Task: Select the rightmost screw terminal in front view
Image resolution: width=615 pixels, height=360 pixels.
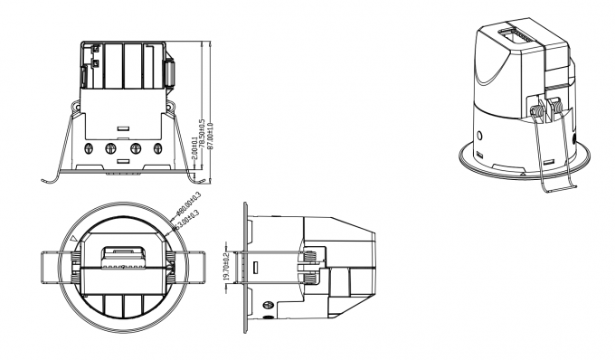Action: (157, 147)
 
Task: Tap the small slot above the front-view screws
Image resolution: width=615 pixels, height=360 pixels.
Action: (123, 126)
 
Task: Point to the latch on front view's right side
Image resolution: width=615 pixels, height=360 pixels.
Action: (169, 76)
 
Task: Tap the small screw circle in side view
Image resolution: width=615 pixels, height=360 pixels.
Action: (268, 307)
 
